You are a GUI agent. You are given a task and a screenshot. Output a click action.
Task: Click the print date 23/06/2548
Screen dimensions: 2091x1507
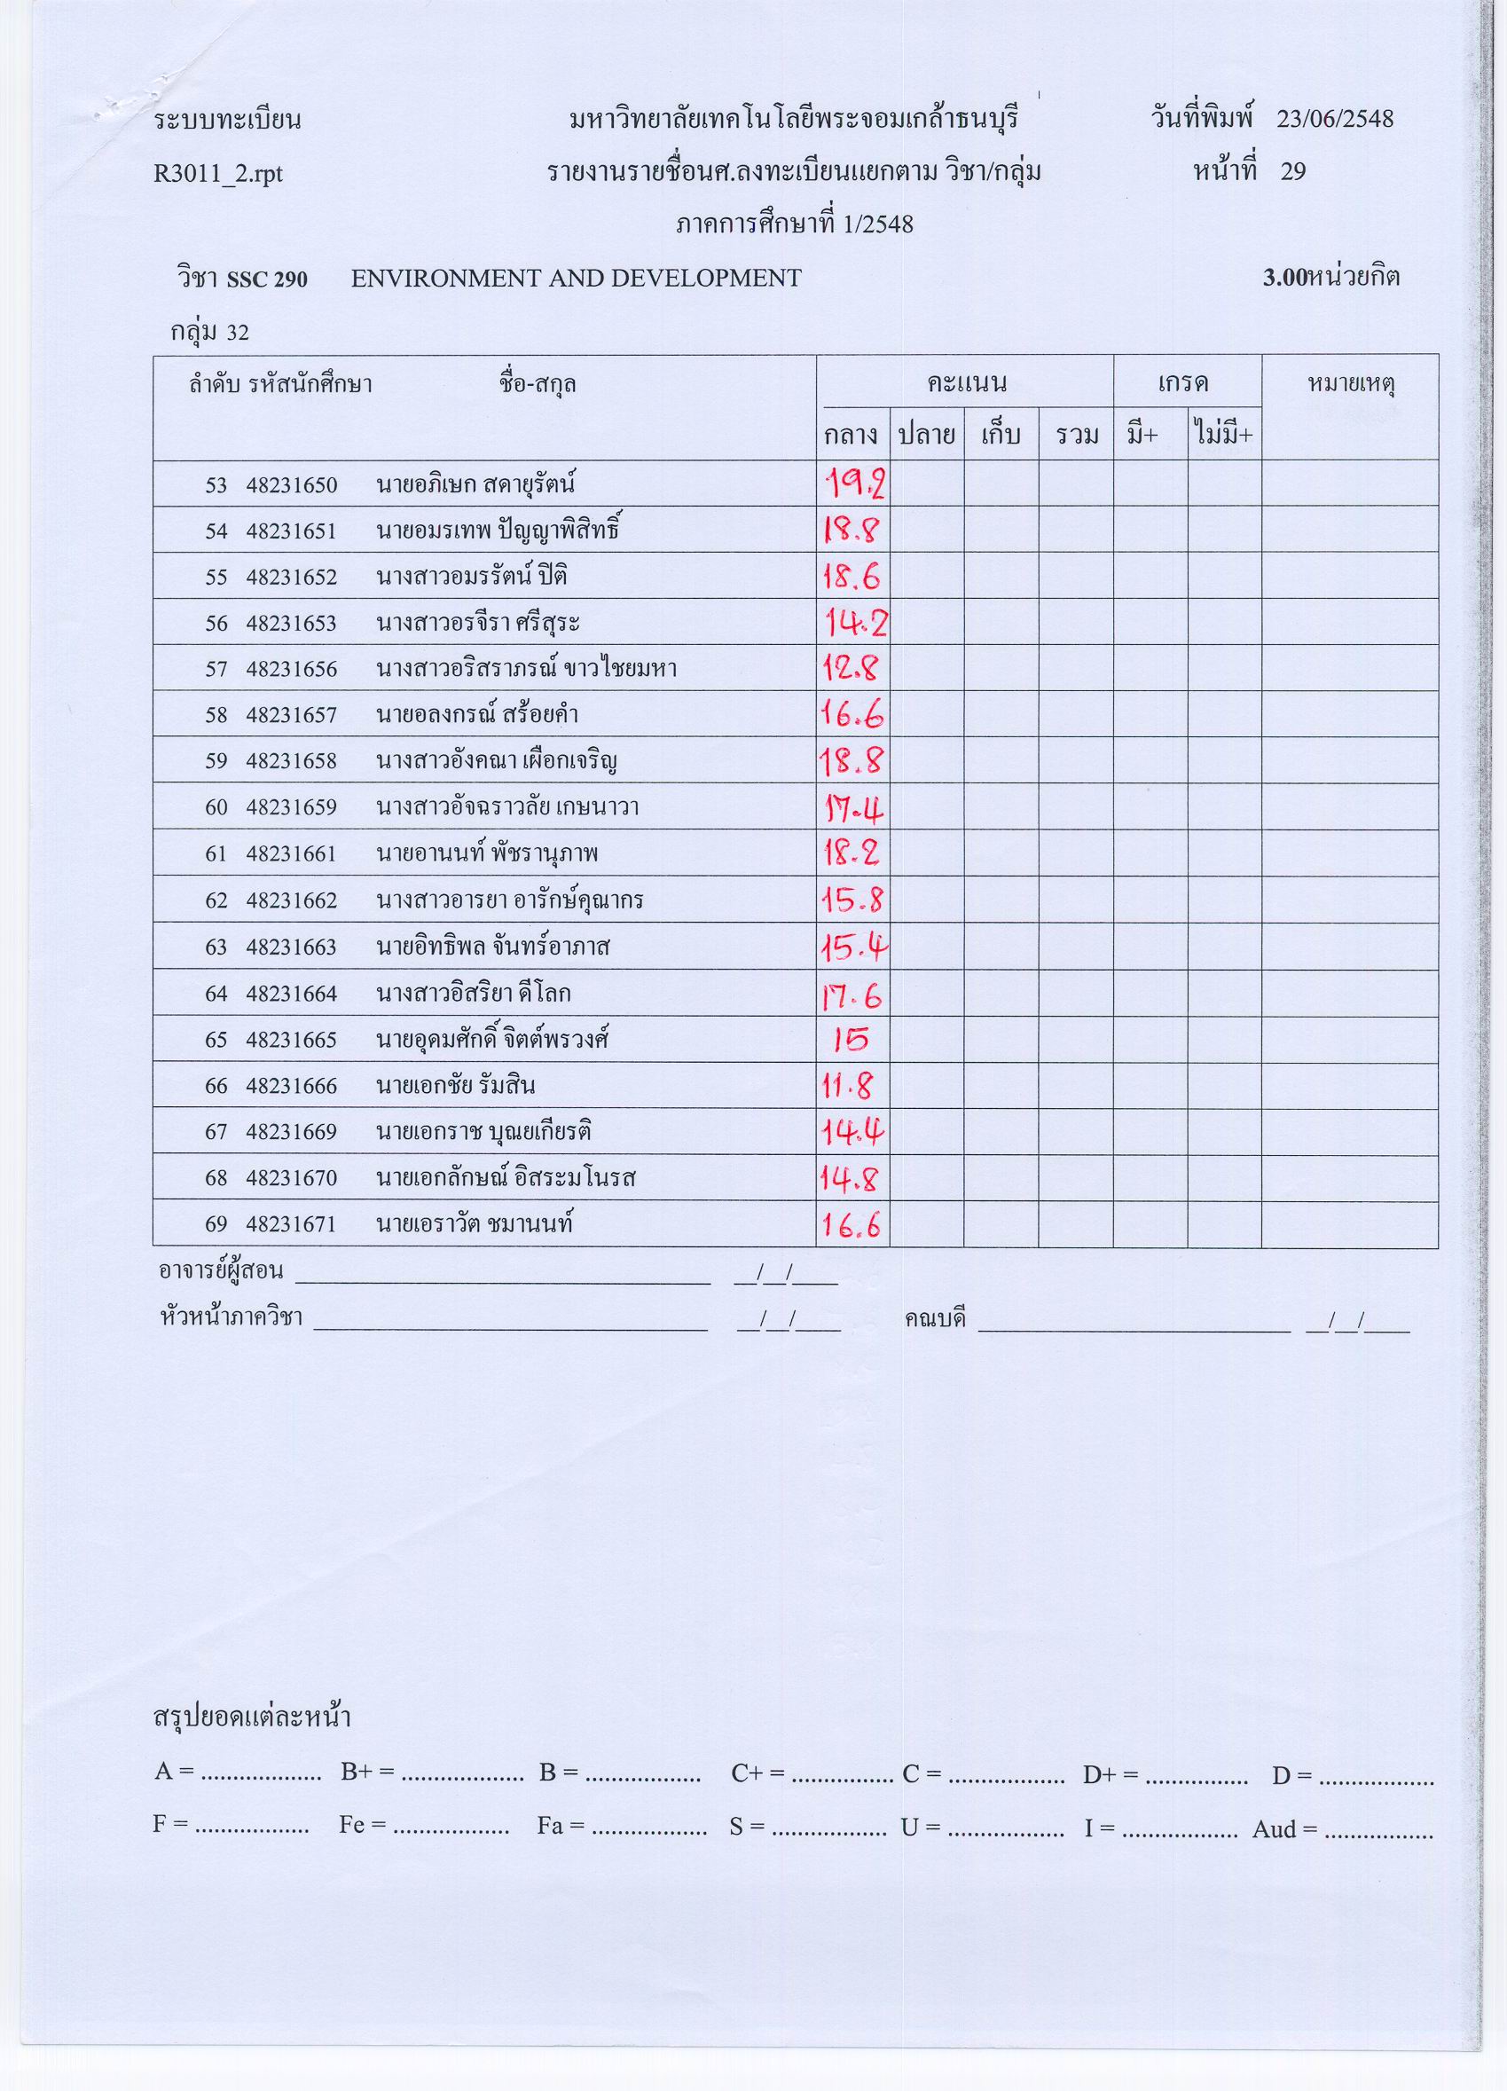point(1335,119)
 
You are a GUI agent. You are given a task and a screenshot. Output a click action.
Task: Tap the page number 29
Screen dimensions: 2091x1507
point(1293,171)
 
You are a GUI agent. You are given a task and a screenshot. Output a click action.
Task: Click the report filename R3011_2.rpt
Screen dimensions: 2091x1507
point(218,173)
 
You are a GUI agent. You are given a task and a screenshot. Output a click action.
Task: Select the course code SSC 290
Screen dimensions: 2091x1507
point(266,279)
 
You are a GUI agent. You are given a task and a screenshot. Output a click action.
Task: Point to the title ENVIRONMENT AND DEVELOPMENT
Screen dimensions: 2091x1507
point(576,278)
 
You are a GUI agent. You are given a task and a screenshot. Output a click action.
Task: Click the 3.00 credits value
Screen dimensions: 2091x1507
point(1285,279)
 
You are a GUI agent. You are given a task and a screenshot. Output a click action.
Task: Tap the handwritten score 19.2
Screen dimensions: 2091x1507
point(853,483)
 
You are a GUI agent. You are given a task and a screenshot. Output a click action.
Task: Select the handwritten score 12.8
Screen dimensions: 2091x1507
point(851,667)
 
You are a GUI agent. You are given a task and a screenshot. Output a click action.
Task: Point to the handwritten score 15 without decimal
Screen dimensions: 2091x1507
point(850,1040)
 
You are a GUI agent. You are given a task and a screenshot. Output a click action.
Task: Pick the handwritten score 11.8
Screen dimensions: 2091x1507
point(847,1086)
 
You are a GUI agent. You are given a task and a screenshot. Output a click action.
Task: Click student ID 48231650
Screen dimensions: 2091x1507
point(291,485)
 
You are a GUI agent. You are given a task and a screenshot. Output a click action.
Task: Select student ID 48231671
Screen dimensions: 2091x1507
point(291,1224)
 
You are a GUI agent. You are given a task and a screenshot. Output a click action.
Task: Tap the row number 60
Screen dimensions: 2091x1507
point(216,808)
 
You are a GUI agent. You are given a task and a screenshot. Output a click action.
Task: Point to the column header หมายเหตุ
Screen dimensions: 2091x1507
point(1350,383)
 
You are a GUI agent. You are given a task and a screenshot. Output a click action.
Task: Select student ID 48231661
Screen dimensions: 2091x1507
point(291,854)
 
